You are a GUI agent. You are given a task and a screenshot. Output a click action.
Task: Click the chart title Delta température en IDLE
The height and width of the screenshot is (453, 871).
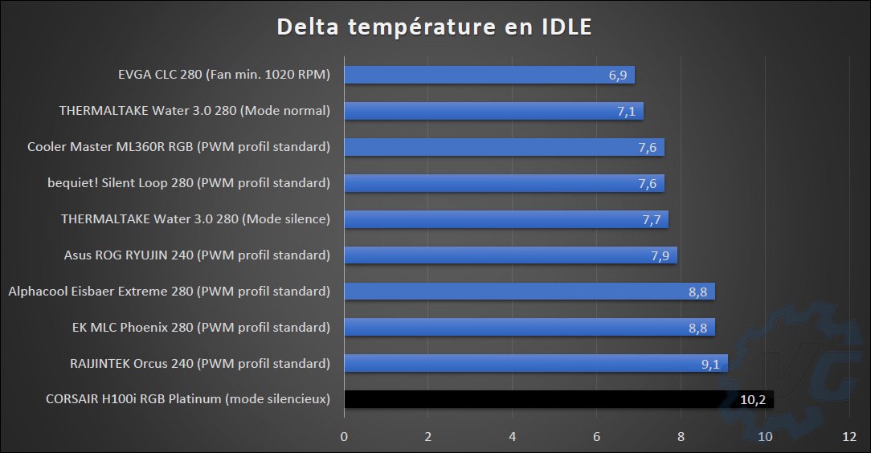[435, 27]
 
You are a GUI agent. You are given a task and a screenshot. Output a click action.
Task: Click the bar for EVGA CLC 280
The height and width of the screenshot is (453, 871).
[489, 75]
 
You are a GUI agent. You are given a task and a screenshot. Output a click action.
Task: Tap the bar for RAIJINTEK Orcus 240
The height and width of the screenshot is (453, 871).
[536, 363]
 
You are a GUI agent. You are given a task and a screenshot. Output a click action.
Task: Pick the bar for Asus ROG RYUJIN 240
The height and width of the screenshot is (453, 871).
[510, 255]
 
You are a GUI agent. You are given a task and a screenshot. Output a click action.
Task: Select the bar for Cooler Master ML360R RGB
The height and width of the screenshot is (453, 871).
[504, 147]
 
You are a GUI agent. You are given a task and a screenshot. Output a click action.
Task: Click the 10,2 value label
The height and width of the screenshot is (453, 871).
[752, 400]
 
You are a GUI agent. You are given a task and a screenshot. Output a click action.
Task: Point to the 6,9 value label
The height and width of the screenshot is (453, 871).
[617, 75]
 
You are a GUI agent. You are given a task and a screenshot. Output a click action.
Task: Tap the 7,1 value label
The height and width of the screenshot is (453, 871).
[626, 112]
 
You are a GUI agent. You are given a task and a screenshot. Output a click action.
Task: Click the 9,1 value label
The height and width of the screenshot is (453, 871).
[710, 364]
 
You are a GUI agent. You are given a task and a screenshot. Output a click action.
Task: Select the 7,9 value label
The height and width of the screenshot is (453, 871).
[660, 255]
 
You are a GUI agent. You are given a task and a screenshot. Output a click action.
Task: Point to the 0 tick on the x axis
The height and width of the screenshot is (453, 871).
[344, 437]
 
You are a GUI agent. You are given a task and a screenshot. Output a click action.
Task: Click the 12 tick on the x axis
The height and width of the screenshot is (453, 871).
[849, 437]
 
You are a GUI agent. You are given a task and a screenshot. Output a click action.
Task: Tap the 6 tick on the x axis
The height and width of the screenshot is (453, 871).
[596, 437]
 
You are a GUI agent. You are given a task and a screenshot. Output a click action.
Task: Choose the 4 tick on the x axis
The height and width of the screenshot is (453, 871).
[513, 437]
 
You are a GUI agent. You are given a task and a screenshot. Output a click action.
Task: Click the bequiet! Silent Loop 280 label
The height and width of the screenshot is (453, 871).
[189, 183]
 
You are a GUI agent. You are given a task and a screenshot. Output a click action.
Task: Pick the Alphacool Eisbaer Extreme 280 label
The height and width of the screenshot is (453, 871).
[169, 292]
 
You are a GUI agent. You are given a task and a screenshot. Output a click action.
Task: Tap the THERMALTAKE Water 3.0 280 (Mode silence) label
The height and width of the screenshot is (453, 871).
[196, 219]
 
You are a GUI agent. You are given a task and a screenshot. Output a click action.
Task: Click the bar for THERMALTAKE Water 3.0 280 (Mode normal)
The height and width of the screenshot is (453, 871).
[493, 111]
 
